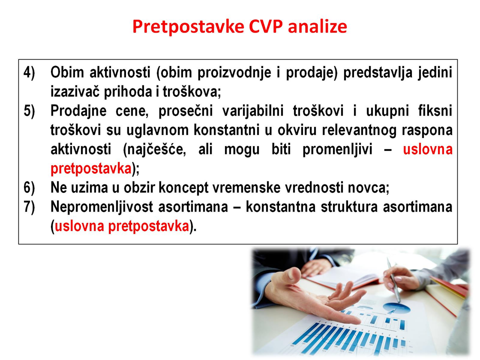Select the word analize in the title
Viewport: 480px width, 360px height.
point(317,26)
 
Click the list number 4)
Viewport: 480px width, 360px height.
point(29,73)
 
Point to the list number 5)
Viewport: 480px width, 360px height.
point(29,111)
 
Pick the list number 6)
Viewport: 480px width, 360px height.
point(29,187)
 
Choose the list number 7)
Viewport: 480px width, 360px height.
point(29,207)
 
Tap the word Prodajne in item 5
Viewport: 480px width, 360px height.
point(78,111)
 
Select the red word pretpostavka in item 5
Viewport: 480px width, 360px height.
point(91,168)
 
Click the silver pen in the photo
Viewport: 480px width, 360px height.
point(393,279)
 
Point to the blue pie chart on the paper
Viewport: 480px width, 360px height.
point(396,307)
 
